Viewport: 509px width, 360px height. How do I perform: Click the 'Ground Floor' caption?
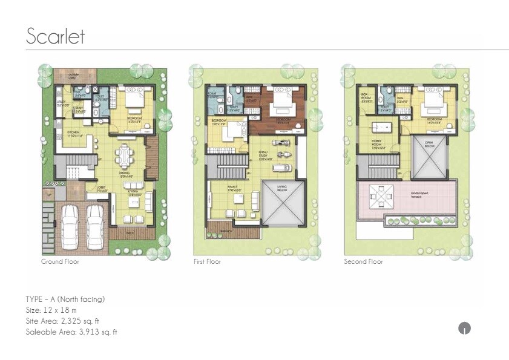point(60,262)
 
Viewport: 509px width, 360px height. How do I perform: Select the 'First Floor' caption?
point(208,262)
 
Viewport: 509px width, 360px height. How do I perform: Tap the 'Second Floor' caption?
point(363,262)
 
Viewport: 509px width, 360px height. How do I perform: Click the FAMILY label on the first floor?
point(232,188)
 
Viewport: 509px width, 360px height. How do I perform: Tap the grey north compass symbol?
point(464,329)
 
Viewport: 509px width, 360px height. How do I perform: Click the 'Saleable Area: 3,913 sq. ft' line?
point(71,332)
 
